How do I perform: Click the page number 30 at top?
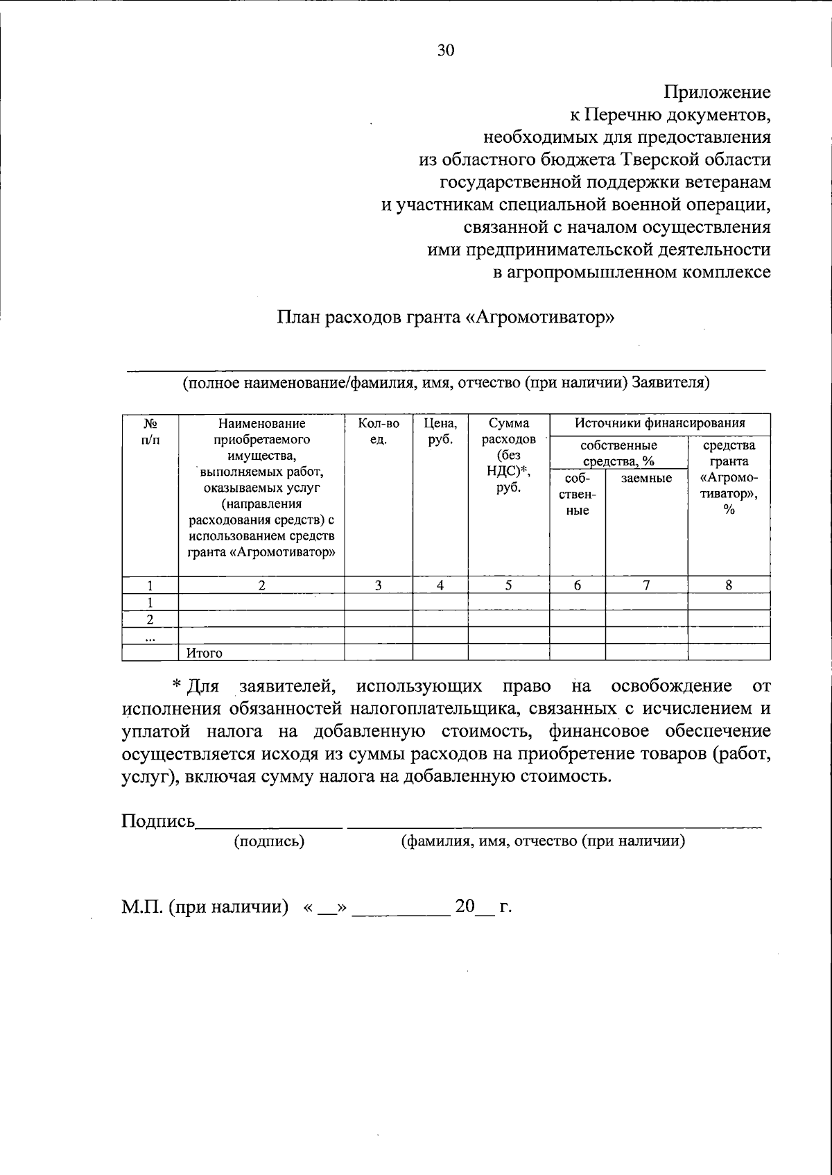(446, 50)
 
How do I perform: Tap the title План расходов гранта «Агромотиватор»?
(446, 318)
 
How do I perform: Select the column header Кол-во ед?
(379, 431)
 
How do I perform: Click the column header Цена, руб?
(440, 431)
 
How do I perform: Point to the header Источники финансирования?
(659, 423)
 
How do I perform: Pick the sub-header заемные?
(646, 478)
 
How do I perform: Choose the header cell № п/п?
(150, 431)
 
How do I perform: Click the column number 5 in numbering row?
(508, 585)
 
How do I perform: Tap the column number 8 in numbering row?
(729, 585)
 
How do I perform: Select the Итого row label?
(204, 653)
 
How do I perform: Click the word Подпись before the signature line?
(158, 821)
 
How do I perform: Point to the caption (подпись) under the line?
(269, 841)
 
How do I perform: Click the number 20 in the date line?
(465, 907)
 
